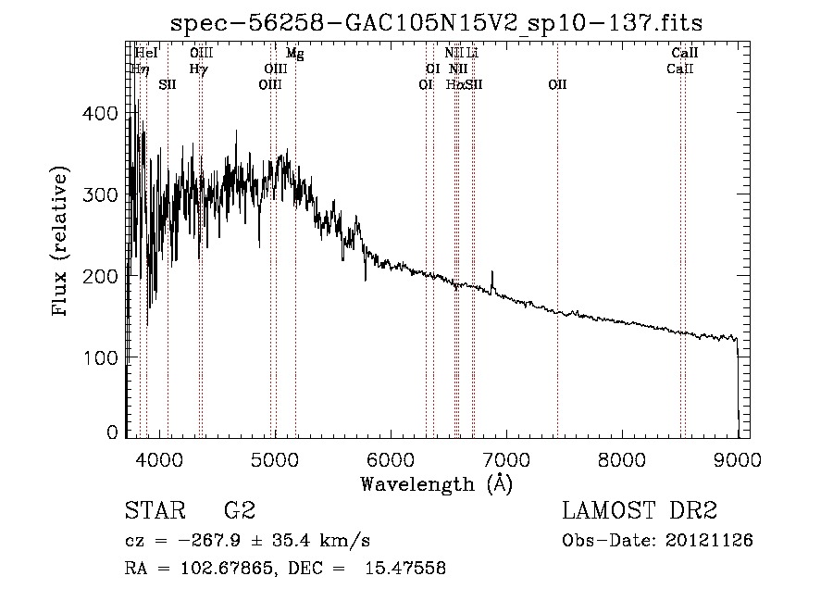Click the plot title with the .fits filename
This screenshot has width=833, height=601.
pos(438,23)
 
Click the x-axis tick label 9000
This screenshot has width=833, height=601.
pos(738,458)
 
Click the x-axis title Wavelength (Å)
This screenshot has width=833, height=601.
pos(436,483)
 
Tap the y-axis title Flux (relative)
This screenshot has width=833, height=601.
pos(62,243)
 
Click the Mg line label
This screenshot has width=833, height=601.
pos(294,54)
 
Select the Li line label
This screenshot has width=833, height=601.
pos(472,54)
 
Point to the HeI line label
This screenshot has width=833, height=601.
pos(146,54)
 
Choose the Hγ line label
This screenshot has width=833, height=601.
pos(198,69)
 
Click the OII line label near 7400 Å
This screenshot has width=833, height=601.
pos(557,84)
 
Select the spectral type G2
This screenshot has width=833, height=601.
pos(239,512)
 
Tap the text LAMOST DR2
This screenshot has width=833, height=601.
pos(640,511)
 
